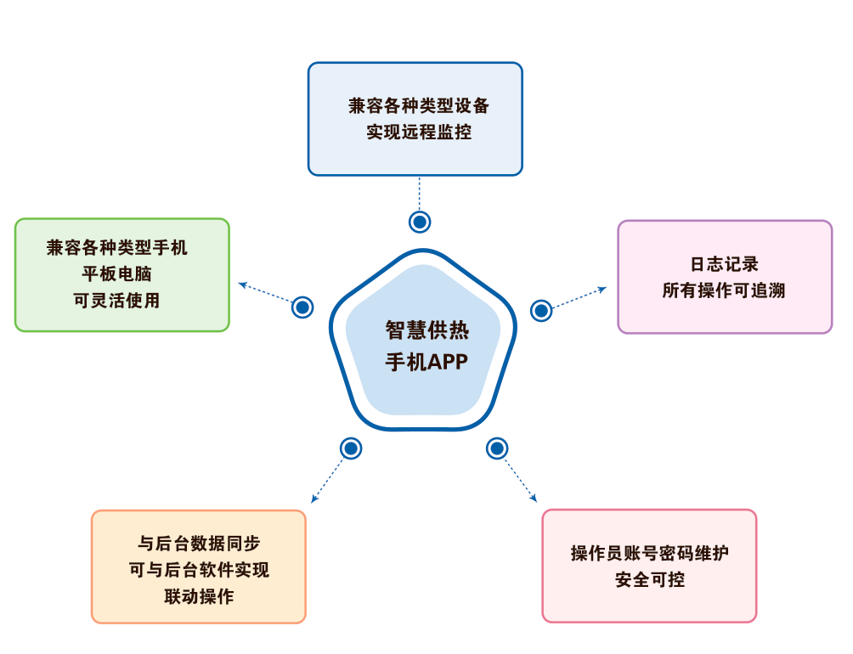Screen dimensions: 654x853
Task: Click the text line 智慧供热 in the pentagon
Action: (x=426, y=330)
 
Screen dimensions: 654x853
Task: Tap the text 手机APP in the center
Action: (x=426, y=361)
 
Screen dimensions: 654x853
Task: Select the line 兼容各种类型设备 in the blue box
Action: (x=419, y=106)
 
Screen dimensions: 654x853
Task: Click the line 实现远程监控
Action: (x=419, y=132)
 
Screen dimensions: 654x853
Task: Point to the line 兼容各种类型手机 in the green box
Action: (x=117, y=248)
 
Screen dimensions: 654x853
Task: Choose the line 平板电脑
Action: (x=117, y=274)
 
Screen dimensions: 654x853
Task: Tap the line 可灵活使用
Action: (x=117, y=301)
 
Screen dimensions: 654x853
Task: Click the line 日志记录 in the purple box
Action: (x=724, y=264)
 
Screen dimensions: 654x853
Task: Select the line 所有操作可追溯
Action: (x=724, y=290)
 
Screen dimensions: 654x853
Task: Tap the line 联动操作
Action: (x=199, y=596)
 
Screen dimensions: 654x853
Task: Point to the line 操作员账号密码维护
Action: (x=650, y=554)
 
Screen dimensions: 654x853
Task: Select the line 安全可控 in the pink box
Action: (x=650, y=580)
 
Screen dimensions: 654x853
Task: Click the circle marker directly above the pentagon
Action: (x=420, y=222)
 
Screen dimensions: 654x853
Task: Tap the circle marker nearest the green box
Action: (x=302, y=307)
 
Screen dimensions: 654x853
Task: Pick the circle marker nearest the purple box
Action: (x=541, y=310)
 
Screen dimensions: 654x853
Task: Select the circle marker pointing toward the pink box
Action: (x=497, y=448)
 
